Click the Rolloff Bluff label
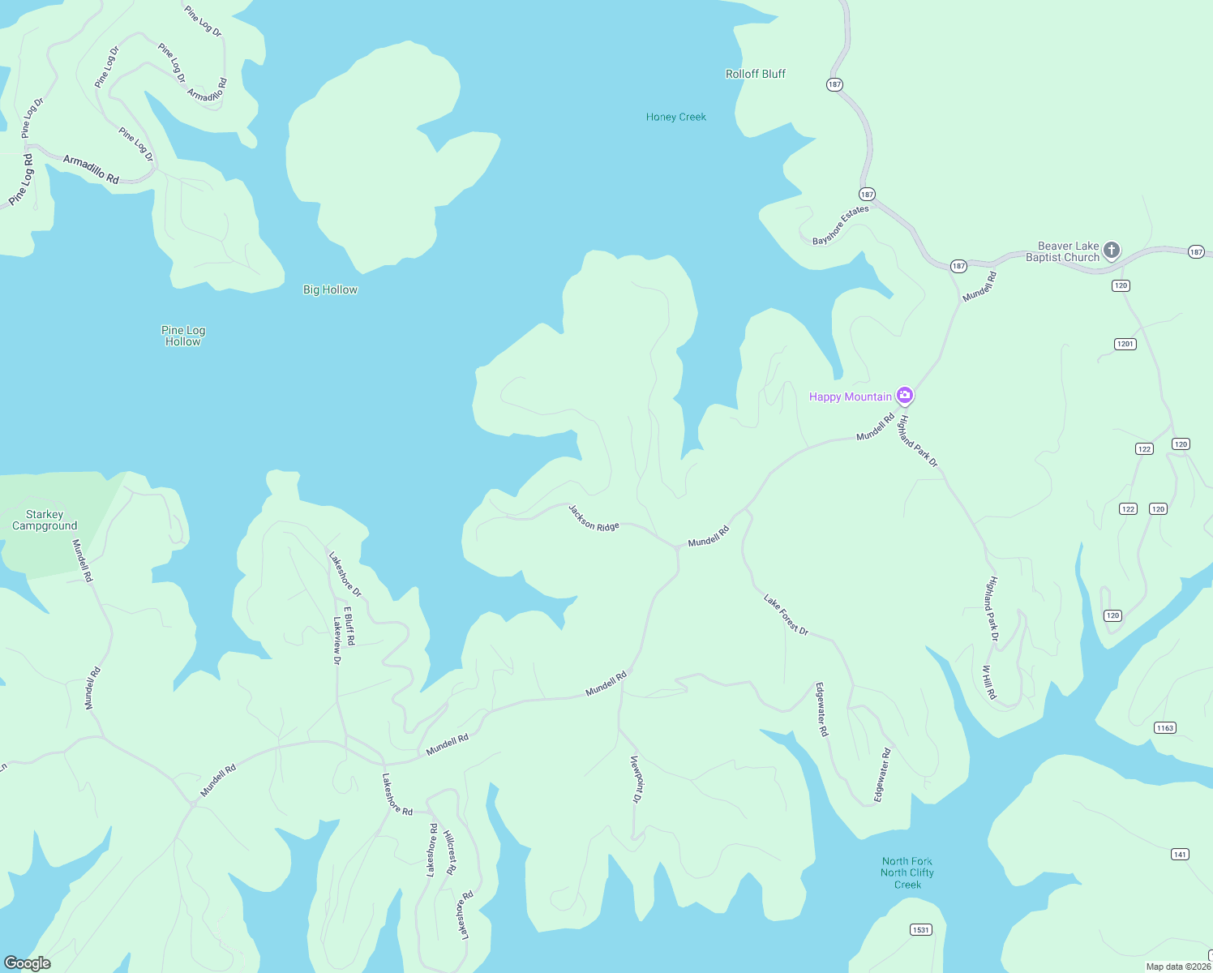click(x=755, y=74)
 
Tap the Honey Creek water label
click(x=675, y=117)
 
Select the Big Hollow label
click(x=330, y=289)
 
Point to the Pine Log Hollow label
click(x=183, y=336)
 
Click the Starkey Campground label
click(x=45, y=520)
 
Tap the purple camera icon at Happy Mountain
click(x=905, y=396)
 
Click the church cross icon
click(x=1112, y=250)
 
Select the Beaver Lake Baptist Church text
click(x=1063, y=251)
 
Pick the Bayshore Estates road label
click(x=841, y=225)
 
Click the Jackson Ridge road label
click(x=594, y=517)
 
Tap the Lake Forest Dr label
click(x=786, y=615)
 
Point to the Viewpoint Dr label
click(x=637, y=778)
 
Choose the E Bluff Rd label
click(x=349, y=625)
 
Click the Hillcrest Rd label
click(x=450, y=851)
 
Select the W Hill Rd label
click(x=989, y=682)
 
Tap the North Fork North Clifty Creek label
click(x=907, y=872)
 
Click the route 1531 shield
click(x=920, y=929)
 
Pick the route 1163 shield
click(x=1165, y=727)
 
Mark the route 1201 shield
click(x=1125, y=344)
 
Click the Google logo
click(x=28, y=962)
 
